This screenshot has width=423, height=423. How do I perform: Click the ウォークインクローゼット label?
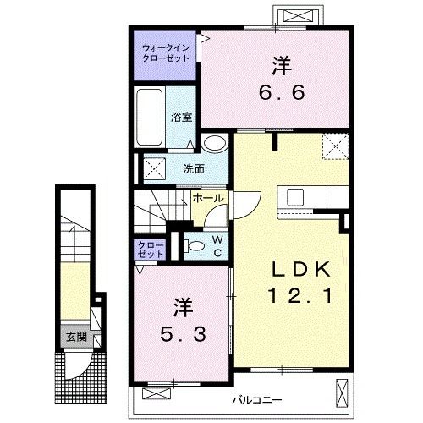click(x=166, y=53)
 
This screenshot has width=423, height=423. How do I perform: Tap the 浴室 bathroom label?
click(x=181, y=117)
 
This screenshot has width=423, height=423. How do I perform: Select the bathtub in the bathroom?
click(x=150, y=117)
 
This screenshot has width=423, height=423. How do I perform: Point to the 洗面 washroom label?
click(x=194, y=169)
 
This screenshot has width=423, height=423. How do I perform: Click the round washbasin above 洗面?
click(x=215, y=144)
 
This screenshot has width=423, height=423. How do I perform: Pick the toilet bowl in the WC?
click(x=195, y=246)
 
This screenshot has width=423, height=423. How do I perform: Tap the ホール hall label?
click(x=208, y=198)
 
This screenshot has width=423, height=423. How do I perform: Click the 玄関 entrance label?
click(x=76, y=337)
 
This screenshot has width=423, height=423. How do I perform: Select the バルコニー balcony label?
click(x=256, y=400)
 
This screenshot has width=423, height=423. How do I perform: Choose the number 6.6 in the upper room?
click(x=282, y=92)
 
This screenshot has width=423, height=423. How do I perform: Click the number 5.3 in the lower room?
click(x=183, y=335)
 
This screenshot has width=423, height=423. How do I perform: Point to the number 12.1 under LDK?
click(x=300, y=295)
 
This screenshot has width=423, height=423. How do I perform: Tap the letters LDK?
click(x=301, y=269)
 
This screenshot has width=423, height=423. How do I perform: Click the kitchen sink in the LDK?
click(x=295, y=197)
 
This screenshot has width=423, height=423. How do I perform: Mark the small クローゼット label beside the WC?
click(x=151, y=250)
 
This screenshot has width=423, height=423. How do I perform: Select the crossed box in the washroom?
click(x=155, y=168)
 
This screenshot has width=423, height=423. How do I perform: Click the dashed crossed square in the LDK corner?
click(x=335, y=146)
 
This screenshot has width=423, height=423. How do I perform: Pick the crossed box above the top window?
click(x=298, y=15)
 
